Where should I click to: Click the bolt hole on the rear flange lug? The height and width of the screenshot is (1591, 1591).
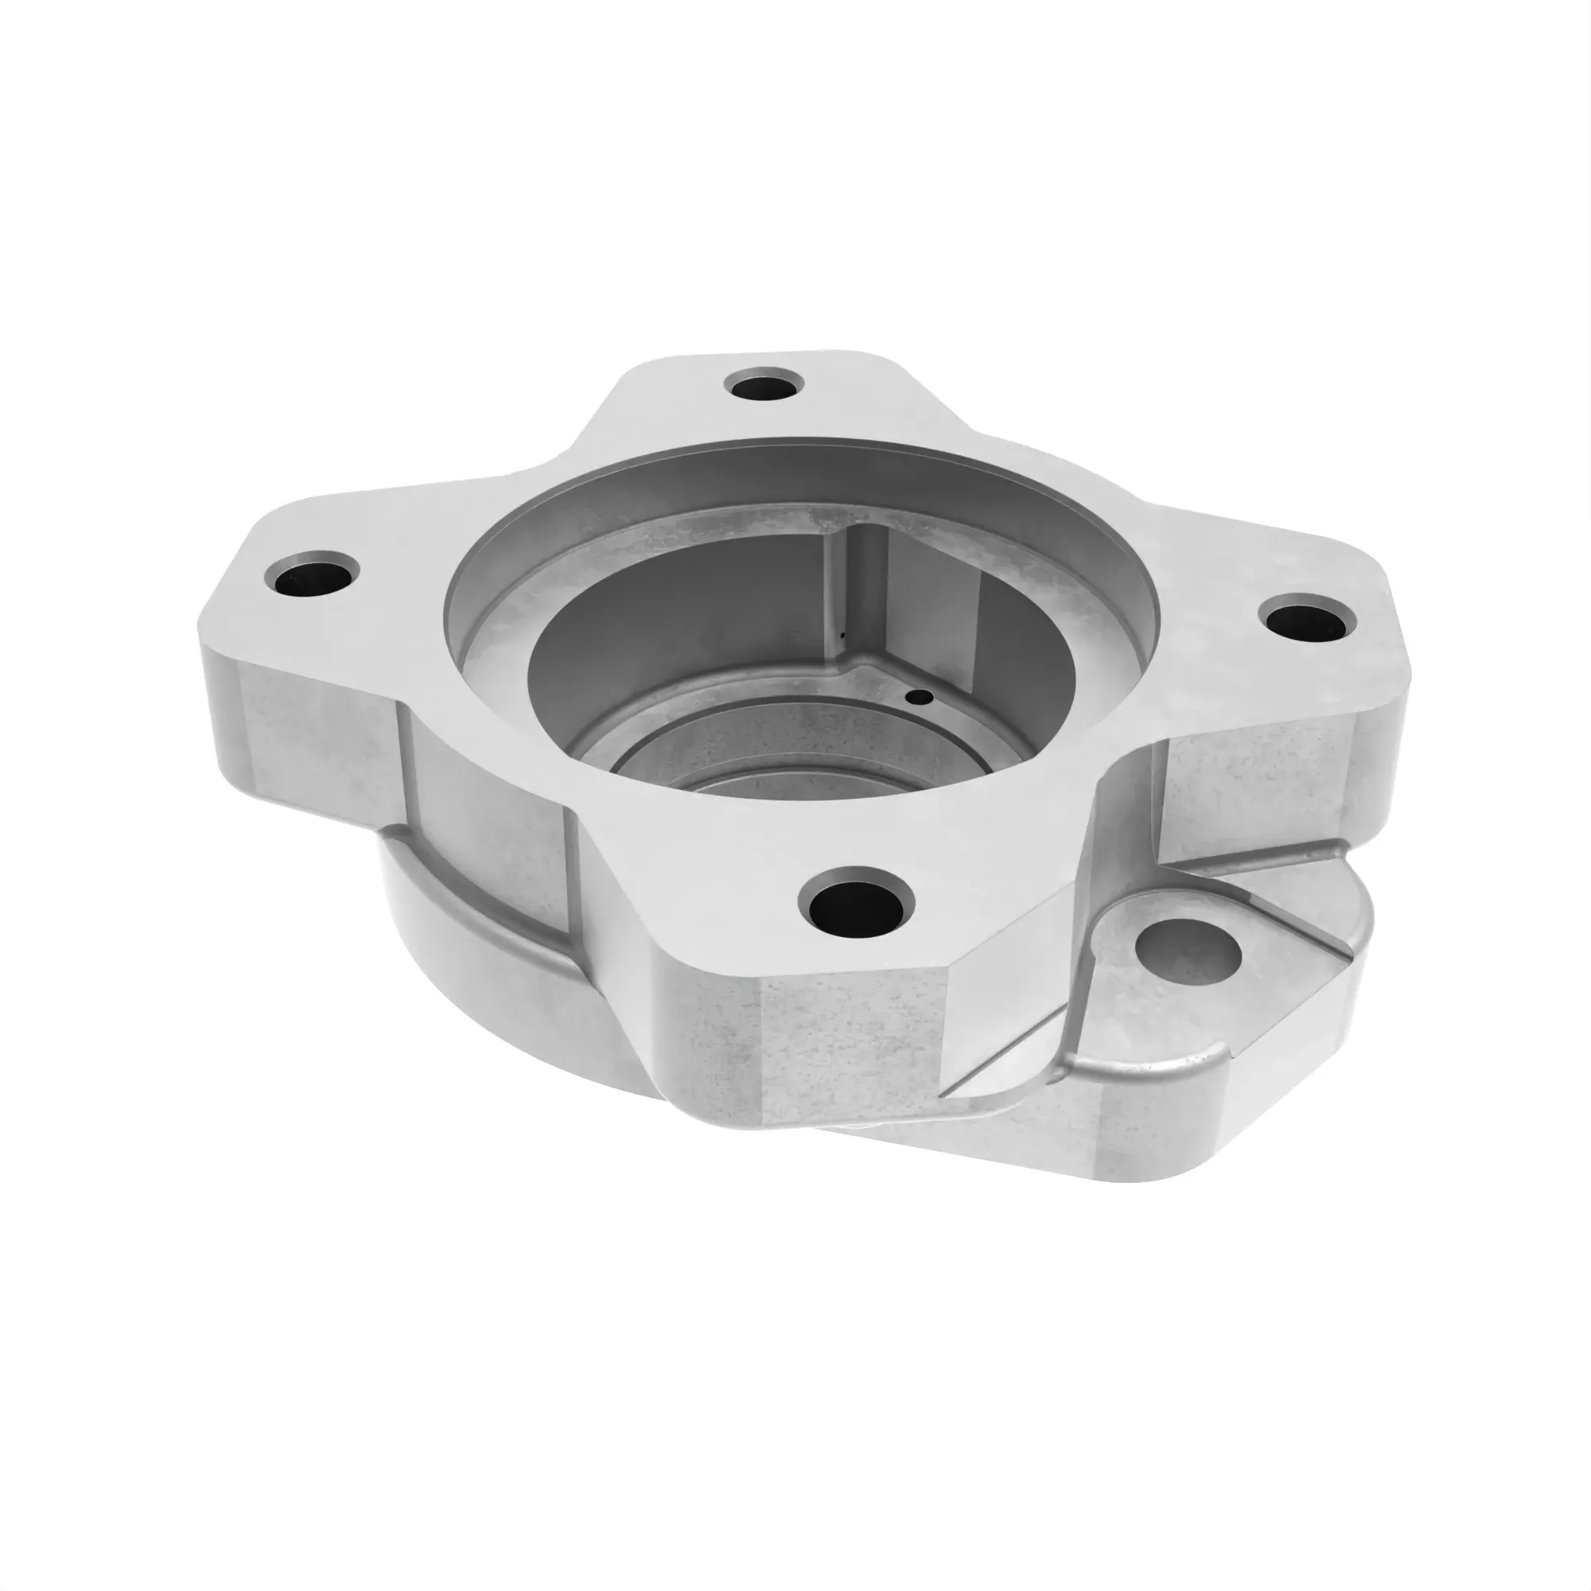[764, 384]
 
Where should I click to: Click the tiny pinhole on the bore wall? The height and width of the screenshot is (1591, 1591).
[842, 635]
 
